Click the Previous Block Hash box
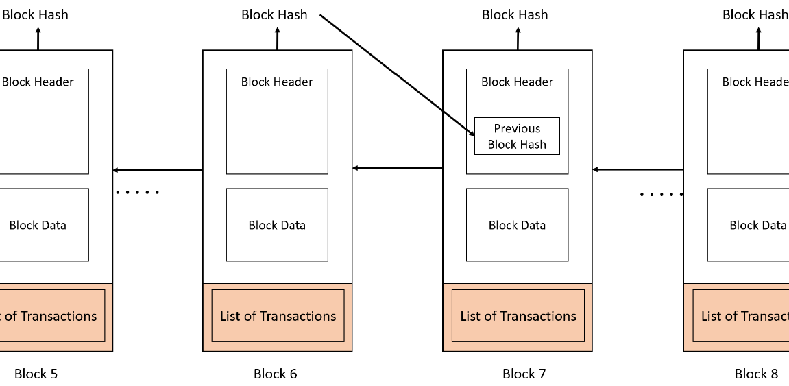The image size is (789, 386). coord(517,136)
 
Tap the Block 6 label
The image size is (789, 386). coord(276,374)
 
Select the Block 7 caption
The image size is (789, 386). coord(524,374)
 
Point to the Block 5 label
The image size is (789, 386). coord(36,374)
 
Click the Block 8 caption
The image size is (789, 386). coord(756,374)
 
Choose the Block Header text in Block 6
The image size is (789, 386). coord(277,82)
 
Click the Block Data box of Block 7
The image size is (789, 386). coord(518,224)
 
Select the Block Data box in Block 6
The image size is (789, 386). coord(277,224)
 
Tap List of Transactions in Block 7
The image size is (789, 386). coord(518,316)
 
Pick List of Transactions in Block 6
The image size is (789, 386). coord(278,316)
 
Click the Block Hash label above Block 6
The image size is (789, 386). coord(274,14)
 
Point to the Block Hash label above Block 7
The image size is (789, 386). coord(515,14)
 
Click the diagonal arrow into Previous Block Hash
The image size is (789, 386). coord(398,75)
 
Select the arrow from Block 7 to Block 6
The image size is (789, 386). coord(398,168)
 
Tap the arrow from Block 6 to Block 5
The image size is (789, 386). coord(158,171)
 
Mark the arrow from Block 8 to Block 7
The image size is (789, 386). coord(638,169)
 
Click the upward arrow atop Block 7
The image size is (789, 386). coord(518,39)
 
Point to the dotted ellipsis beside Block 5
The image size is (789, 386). coord(137,192)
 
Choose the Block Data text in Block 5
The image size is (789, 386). coord(38,225)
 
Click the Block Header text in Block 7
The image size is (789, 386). coord(518,82)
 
